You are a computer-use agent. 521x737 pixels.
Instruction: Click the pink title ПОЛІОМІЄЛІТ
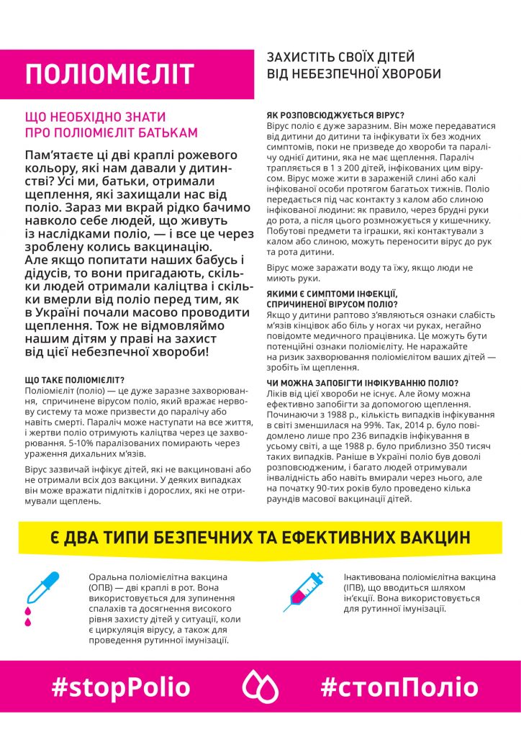pos(109,74)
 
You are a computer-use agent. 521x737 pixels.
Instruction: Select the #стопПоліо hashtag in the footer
pos(394,687)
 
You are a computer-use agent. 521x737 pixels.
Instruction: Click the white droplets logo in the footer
pos(260,687)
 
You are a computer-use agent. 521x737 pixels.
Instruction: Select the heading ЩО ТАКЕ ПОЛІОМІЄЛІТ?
pos(74,379)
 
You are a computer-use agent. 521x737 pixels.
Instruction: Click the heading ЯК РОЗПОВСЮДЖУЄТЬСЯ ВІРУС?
pos(335,115)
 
